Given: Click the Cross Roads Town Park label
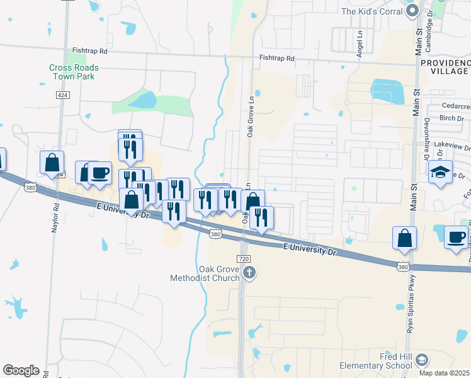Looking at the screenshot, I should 74,72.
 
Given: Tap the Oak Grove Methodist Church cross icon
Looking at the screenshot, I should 250,273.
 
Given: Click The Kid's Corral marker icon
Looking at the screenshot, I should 412,11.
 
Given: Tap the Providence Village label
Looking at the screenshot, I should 444,67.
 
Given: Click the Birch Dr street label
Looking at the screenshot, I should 451,118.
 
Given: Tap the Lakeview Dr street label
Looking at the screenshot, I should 456,147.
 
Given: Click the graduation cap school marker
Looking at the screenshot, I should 440,172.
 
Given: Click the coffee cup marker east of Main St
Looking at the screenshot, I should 457,238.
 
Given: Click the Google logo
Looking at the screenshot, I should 21,370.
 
